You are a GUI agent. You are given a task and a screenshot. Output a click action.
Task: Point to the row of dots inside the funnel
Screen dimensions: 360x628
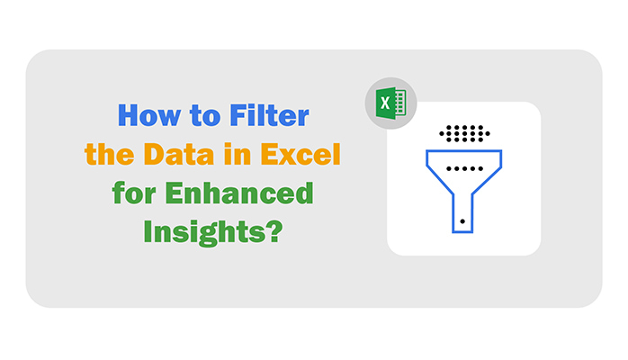tap(463, 168)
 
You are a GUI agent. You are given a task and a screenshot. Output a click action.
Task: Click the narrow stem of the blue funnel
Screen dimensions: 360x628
tap(462, 212)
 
